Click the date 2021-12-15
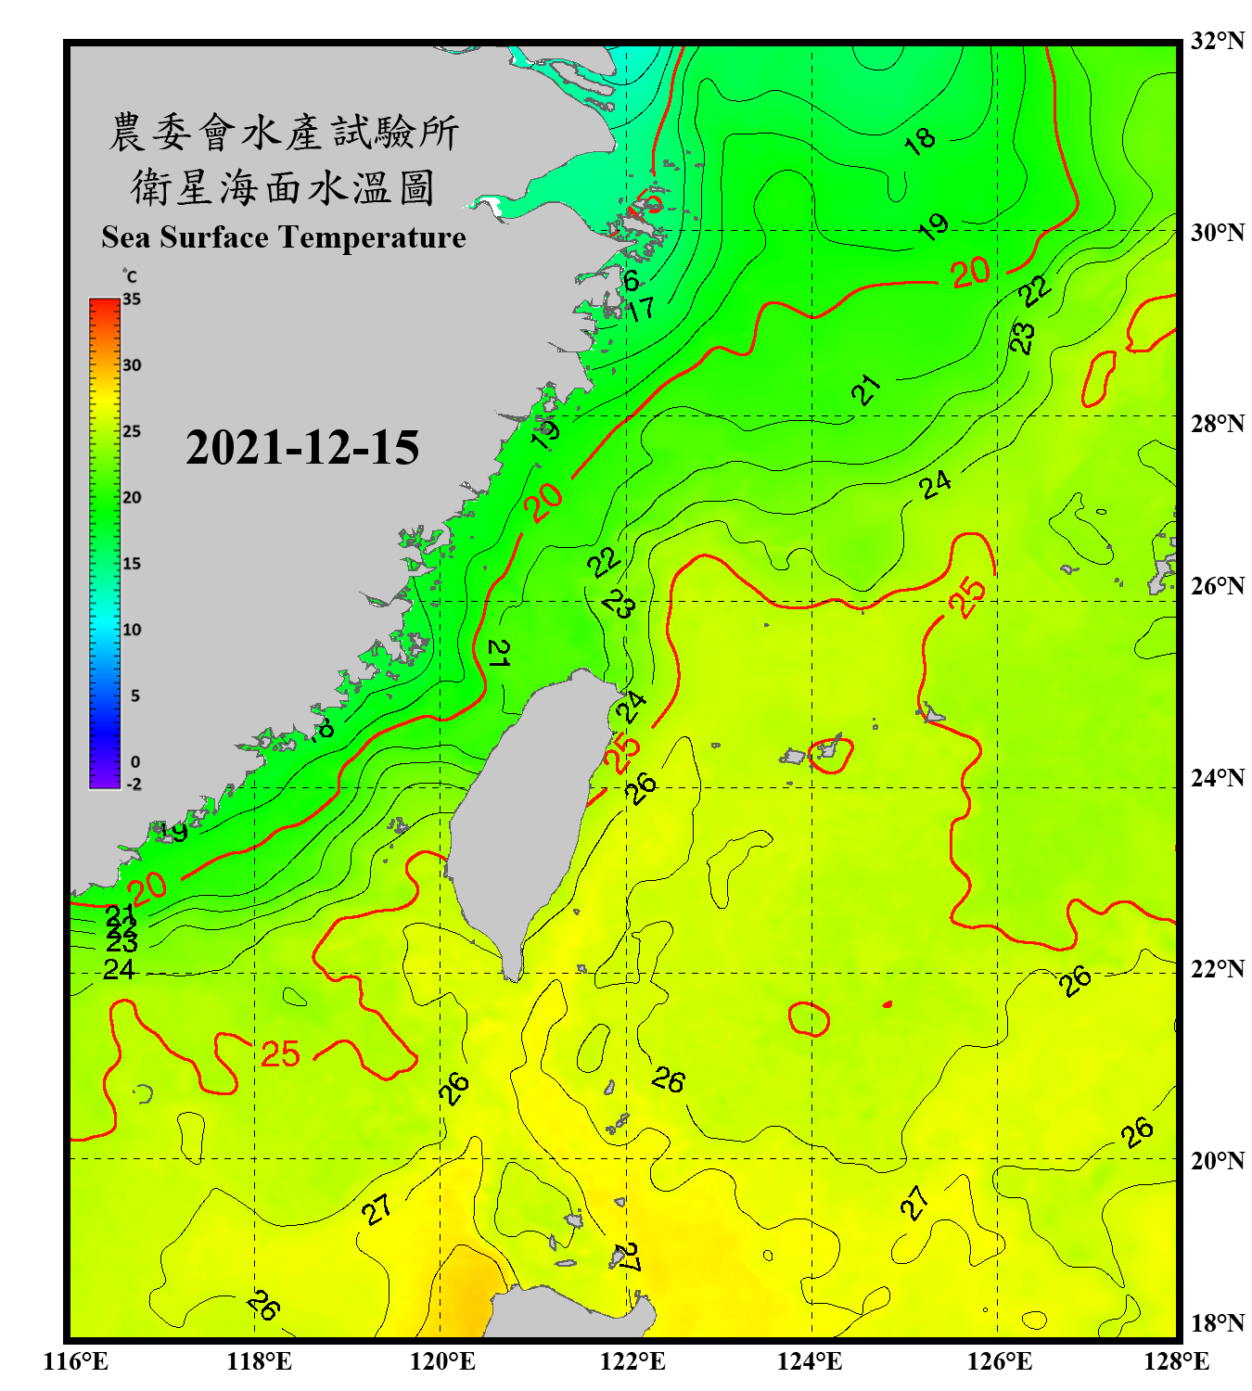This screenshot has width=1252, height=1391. click(302, 448)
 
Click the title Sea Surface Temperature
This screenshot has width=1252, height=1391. click(284, 237)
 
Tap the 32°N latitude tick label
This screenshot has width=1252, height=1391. click(1217, 41)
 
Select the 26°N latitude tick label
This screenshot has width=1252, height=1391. click(1217, 586)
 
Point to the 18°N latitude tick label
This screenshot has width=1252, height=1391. click(1217, 1323)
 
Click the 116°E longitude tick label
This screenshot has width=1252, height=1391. click(76, 1361)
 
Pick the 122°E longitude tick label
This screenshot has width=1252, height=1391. click(632, 1361)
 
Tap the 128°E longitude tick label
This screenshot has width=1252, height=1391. click(1176, 1361)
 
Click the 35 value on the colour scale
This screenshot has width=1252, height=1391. click(132, 300)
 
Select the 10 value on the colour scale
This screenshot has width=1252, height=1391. click(132, 630)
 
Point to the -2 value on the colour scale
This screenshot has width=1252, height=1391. click(134, 784)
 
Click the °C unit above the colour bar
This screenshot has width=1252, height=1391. click(130, 276)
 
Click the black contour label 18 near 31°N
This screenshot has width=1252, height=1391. click(919, 141)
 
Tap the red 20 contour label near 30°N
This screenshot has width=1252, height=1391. click(970, 273)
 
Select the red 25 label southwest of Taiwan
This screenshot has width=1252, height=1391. click(280, 1054)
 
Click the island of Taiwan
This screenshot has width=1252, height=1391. click(529, 816)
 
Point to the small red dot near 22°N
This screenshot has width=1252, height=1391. click(888, 1004)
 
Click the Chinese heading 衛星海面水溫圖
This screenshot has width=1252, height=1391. click(283, 187)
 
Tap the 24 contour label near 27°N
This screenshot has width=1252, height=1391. click(936, 484)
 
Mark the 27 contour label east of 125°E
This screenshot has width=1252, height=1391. click(915, 1202)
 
